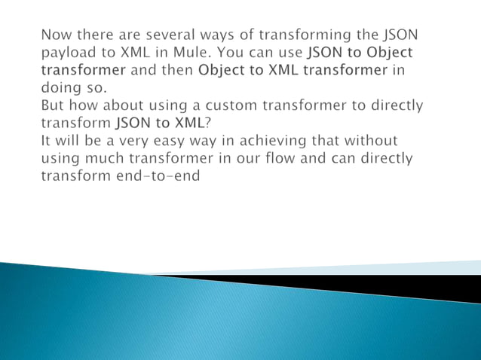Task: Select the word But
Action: click(54, 105)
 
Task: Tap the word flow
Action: click(256, 159)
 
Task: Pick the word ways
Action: click(214, 34)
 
